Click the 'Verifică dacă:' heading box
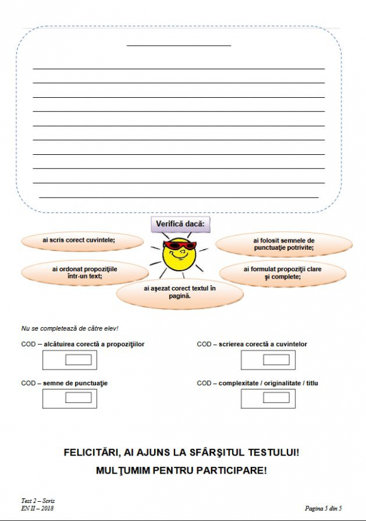coord(180,224)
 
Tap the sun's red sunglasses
coord(179,245)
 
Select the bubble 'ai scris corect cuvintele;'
coord(79,240)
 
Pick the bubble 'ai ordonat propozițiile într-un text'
coord(85,273)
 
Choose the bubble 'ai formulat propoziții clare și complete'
coord(283,273)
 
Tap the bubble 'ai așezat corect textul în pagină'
coord(179,292)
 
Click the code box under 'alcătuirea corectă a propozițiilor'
coord(78,360)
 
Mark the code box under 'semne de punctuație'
coord(78,397)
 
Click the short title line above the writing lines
coord(179,45)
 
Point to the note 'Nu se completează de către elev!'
coord(70,328)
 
